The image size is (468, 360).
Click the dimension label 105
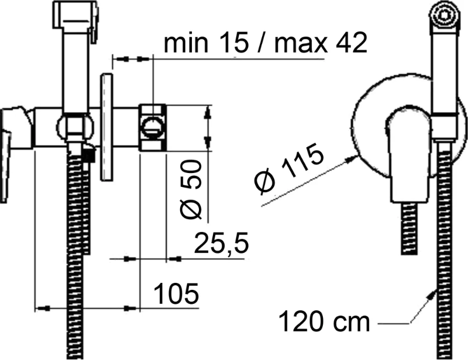[x=177, y=293]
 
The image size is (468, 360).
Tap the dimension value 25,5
[x=222, y=243]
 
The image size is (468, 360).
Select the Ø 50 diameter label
[x=191, y=189]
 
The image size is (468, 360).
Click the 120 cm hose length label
[x=324, y=321]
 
